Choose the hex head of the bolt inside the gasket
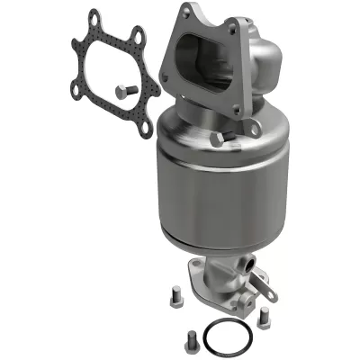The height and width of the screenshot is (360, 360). pyautogui.click(x=123, y=87)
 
